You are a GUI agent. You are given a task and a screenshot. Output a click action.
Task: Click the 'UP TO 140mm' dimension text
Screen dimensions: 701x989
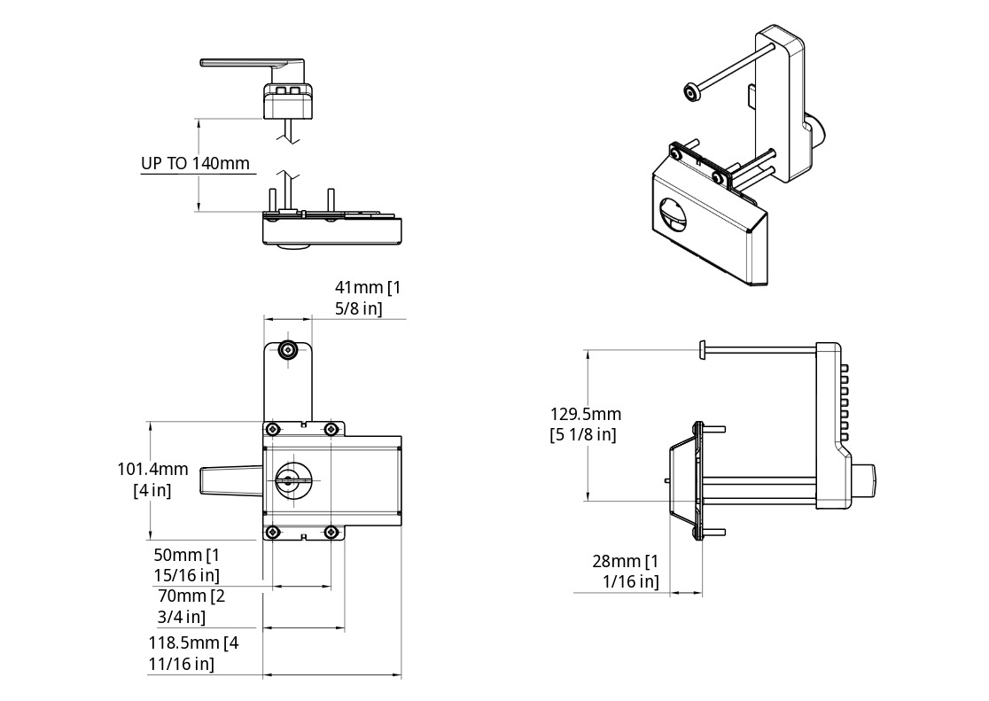tap(195, 164)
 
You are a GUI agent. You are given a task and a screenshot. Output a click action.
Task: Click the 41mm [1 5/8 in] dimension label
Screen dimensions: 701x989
tap(368, 298)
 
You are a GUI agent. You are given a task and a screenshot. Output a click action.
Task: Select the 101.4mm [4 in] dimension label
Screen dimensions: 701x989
tap(152, 479)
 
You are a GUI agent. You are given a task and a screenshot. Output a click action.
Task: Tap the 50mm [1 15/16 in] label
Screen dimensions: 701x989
tap(186, 565)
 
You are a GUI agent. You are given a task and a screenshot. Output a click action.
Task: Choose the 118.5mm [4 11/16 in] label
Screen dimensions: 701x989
tap(193, 652)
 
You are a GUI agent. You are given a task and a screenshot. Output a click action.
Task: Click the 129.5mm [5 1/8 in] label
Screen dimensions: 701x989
tap(585, 424)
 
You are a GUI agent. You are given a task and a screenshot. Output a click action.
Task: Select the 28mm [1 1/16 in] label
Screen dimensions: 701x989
tap(626, 571)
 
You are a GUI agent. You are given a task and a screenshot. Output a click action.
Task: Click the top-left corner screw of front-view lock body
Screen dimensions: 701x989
tap(272, 430)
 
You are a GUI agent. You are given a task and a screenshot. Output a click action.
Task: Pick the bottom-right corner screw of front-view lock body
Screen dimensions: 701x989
tap(331, 532)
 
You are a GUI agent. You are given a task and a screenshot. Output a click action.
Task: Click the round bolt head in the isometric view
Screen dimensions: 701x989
tap(690, 92)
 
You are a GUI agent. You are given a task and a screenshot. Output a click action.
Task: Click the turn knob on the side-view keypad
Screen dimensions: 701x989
tap(866, 480)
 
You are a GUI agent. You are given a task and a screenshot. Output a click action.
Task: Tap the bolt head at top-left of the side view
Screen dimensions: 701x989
tap(702, 350)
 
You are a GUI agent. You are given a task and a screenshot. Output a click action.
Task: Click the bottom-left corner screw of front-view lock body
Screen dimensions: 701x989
tap(272, 532)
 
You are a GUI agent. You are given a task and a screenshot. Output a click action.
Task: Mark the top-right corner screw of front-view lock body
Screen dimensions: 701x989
tap(331, 430)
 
